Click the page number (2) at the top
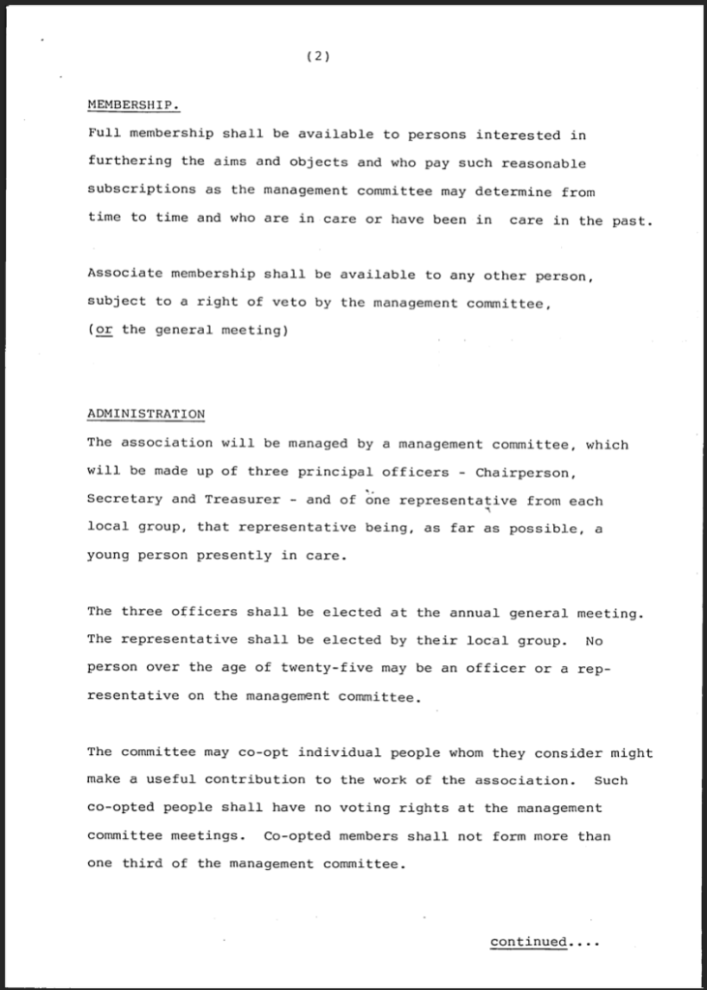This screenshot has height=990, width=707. (x=317, y=56)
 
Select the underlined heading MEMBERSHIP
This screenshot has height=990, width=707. (x=133, y=104)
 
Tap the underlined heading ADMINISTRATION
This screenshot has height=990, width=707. (x=146, y=415)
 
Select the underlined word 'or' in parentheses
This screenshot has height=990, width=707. (x=100, y=329)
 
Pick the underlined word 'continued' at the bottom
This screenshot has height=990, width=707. (x=528, y=942)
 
